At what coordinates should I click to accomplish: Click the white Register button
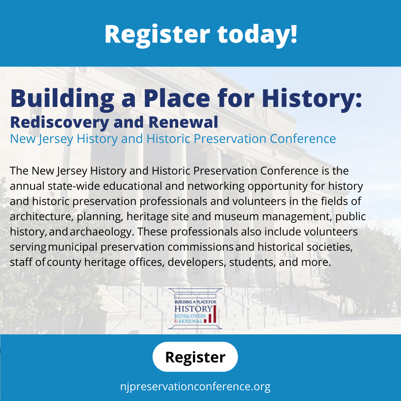point(195,357)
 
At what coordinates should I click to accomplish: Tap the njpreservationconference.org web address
point(195,386)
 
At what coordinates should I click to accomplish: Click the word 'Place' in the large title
point(177,98)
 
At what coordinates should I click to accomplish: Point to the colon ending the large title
point(359,100)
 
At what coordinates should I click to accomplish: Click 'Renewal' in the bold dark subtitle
point(183,122)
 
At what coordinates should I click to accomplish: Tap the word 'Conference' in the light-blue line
point(303,139)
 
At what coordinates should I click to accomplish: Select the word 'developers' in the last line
point(197,263)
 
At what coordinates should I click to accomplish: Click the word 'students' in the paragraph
point(252,263)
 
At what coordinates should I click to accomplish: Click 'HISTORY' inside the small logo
point(193,309)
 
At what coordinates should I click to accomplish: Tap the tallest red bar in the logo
point(215,314)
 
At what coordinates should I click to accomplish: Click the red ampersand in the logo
point(176,321)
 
